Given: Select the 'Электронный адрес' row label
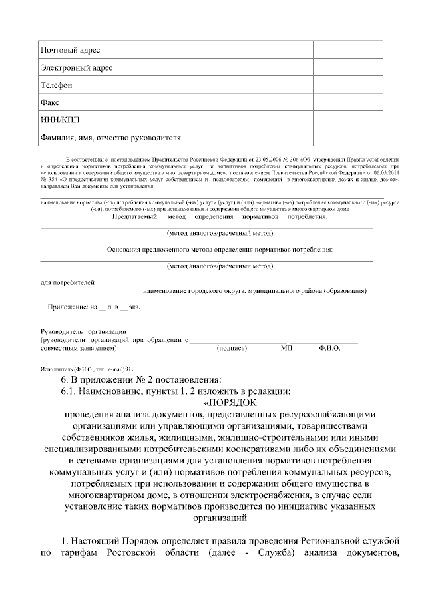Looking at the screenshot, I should click(77, 68).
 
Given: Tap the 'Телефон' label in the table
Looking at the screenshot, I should click(57, 85).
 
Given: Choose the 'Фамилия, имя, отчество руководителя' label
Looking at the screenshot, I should click(111, 138).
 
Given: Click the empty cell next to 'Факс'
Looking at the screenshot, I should click(348, 103).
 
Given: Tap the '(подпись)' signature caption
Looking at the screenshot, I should click(232, 348).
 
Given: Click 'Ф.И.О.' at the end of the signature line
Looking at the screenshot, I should click(329, 348).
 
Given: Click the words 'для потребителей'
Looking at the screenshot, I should click(67, 283).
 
